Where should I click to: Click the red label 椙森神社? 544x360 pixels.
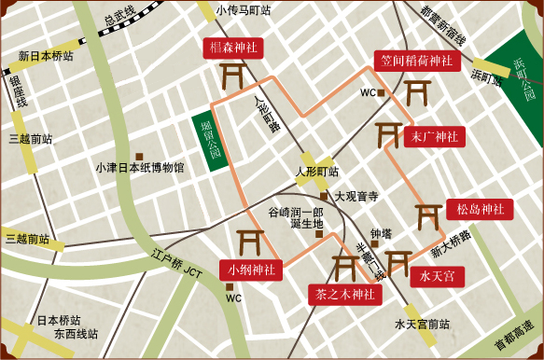tap(234, 47)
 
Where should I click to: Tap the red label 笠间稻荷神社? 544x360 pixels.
tap(416, 61)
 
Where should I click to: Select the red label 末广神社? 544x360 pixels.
tap(434, 136)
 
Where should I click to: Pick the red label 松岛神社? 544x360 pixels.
tap(479, 209)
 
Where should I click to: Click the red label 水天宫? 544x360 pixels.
tap(437, 277)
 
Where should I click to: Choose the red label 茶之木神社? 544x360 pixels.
tap(344, 295)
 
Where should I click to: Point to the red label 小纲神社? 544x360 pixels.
tap(251, 270)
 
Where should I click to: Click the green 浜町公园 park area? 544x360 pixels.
tap(518, 79)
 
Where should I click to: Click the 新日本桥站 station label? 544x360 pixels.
tap(46, 56)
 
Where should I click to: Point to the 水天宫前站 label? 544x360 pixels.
tap(422, 325)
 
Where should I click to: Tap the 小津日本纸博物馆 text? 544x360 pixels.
tap(140, 169)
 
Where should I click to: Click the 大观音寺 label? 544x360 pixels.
tap(356, 196)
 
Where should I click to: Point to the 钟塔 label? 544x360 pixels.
tap(381, 233)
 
